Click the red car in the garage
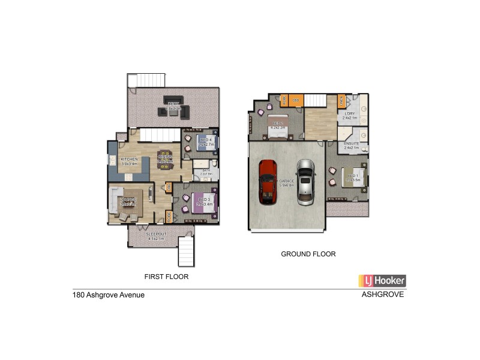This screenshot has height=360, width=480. pyautogui.click(x=268, y=182)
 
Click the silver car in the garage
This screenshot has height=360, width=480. pyautogui.click(x=305, y=182)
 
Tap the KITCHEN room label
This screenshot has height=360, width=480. pyautogui.click(x=129, y=159)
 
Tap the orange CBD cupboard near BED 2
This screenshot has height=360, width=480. pyautogui.click(x=296, y=100)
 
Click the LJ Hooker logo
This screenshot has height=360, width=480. pyautogui.click(x=382, y=280)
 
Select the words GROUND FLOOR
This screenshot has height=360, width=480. pyautogui.click(x=308, y=254)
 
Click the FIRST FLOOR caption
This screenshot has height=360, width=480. pyautogui.click(x=167, y=277)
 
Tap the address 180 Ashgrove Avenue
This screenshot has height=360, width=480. pyautogui.click(x=106, y=295)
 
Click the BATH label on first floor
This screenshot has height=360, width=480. pyautogui.click(x=206, y=170)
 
